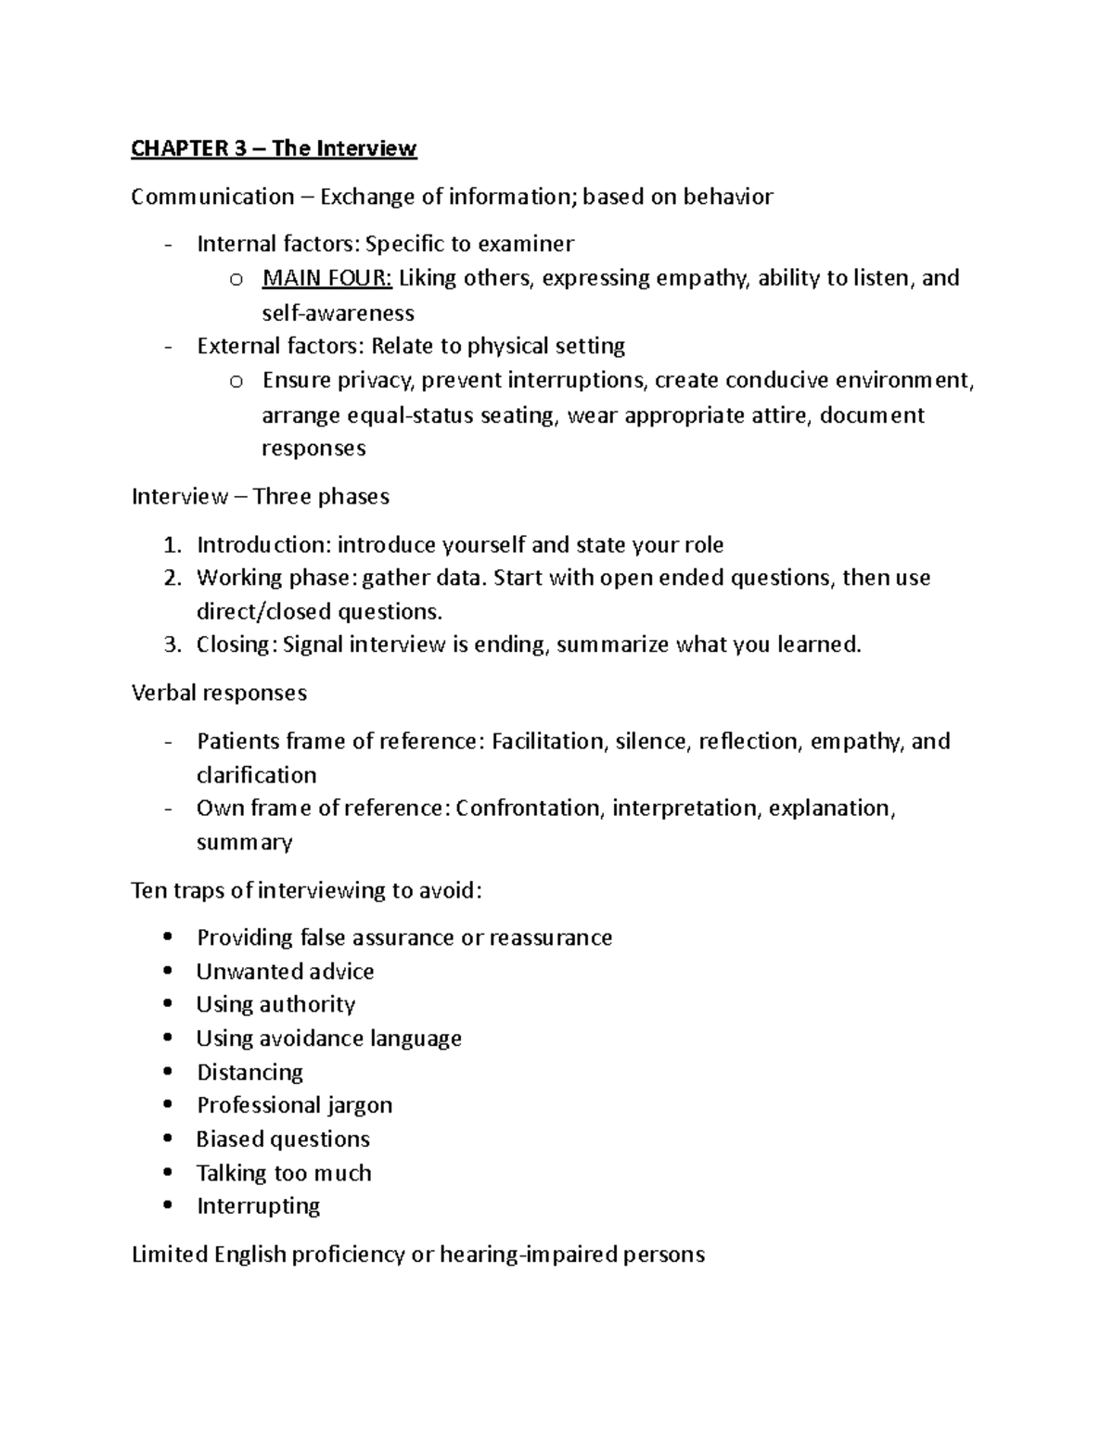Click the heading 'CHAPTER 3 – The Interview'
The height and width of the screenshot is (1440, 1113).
(274, 148)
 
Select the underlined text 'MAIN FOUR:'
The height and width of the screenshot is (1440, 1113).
(327, 278)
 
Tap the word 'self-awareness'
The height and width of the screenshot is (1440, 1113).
(338, 312)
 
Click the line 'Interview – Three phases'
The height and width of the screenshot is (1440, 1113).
(260, 497)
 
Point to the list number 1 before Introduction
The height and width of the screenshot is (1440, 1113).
(172, 545)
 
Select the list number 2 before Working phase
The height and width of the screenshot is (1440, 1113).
(172, 579)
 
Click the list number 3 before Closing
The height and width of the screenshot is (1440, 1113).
(172, 645)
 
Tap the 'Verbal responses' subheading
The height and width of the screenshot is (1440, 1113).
(219, 694)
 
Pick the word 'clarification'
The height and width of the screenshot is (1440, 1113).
(256, 775)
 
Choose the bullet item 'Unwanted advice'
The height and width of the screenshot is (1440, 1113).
(285, 972)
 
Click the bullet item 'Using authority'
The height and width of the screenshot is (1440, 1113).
(275, 1005)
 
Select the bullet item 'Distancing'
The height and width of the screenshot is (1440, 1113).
(249, 1073)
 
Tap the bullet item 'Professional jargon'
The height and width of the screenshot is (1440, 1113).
(294, 1105)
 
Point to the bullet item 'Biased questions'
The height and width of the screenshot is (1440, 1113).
(283, 1140)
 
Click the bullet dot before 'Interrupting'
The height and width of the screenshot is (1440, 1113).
(167, 1205)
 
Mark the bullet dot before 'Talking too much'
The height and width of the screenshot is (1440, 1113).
(167, 1172)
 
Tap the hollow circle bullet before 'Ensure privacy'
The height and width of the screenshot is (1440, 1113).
(236, 381)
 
